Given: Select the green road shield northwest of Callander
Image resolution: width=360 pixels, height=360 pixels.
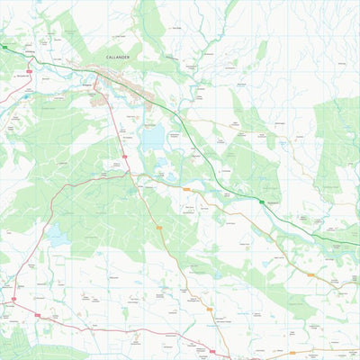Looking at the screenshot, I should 4,47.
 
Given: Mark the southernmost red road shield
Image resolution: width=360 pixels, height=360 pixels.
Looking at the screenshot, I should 213,352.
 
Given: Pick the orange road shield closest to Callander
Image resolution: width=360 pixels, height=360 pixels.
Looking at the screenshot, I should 187,190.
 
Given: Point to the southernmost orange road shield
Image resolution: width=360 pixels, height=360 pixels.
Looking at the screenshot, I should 210,309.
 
